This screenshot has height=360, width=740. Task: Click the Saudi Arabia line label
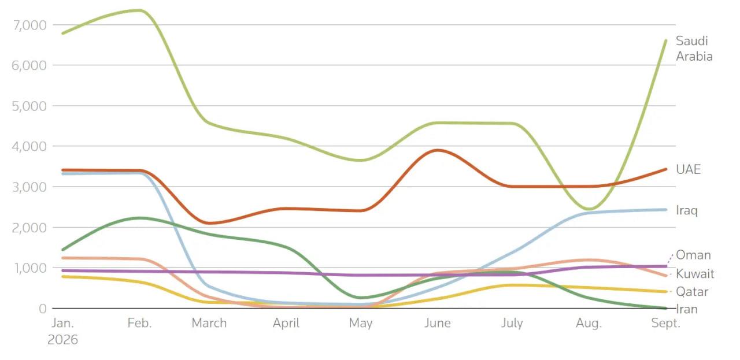(x=694, y=49)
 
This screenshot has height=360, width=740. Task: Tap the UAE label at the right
(x=688, y=169)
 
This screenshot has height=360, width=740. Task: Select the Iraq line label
(x=686, y=210)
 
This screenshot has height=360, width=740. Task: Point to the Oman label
(x=693, y=255)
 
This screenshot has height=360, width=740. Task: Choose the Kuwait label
(x=695, y=274)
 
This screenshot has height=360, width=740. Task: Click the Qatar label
(x=692, y=292)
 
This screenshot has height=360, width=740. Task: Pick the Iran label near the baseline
(x=687, y=310)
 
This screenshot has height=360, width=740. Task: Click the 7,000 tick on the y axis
(x=29, y=25)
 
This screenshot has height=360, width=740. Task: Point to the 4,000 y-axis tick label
(x=29, y=147)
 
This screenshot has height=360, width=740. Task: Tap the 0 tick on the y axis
(x=43, y=309)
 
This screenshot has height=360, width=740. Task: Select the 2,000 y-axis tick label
(x=29, y=228)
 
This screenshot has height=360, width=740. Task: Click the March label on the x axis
(x=209, y=323)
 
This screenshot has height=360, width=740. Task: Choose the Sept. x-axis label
(x=665, y=323)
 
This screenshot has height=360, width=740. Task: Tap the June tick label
(x=438, y=323)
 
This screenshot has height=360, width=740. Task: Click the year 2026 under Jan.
(x=62, y=340)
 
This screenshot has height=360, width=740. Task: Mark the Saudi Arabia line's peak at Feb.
(x=140, y=10)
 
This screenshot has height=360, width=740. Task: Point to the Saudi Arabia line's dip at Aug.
(x=589, y=209)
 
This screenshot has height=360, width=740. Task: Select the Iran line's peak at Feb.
(x=140, y=218)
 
